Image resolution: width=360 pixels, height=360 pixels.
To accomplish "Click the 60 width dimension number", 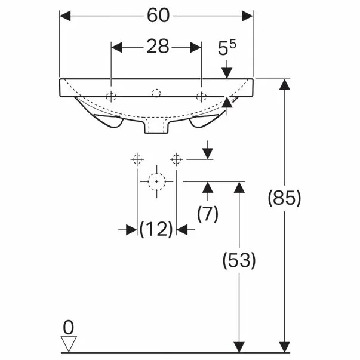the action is (158, 16).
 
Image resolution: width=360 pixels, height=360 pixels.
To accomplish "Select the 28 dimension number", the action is (158, 46).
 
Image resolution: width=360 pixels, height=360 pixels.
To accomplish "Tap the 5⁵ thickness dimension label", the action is (227, 48).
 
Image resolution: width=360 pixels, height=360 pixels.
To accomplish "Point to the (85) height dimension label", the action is (284, 198).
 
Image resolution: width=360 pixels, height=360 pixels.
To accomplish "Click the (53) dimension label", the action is (239, 260).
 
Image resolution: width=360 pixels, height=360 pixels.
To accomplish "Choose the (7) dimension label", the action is (208, 214).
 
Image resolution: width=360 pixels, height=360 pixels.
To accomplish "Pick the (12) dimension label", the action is (156, 229).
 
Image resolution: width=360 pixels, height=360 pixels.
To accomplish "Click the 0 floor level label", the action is (69, 327).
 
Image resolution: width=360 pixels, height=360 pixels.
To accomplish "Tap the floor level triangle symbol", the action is (69, 343).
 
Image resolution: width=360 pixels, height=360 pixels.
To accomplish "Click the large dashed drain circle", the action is (157, 173).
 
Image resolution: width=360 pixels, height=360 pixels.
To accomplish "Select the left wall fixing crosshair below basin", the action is (137, 159).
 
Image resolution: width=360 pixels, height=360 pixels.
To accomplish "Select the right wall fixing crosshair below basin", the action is (176, 159).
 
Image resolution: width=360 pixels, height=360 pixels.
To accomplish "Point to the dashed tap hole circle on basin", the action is (156, 93).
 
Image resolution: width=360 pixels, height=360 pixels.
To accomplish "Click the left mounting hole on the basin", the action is (111, 97).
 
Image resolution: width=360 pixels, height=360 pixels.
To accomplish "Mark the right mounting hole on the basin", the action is (201, 97).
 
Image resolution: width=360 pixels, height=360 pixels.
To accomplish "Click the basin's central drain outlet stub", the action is (157, 127).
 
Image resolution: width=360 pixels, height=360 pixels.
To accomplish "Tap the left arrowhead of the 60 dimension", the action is (65, 16).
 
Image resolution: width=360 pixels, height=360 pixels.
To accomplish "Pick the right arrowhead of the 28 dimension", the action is (196, 47).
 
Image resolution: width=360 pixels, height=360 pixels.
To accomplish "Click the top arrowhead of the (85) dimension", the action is (285, 85).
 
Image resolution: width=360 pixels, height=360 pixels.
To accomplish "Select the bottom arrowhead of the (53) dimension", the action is (239, 347).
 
